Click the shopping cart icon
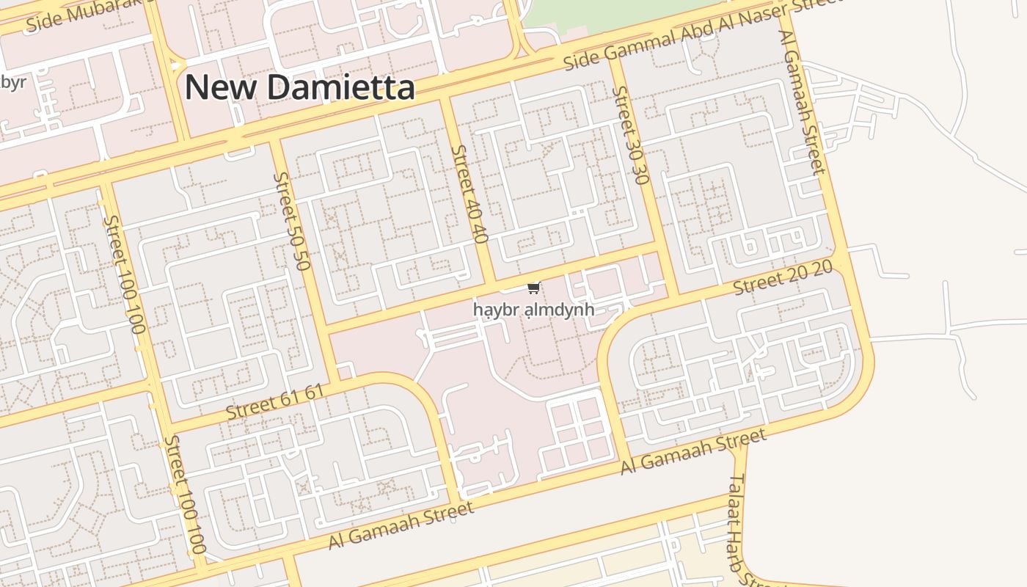point(534,288)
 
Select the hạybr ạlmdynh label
point(533,310)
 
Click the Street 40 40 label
point(469,194)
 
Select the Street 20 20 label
point(783,277)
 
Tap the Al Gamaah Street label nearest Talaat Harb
point(693,452)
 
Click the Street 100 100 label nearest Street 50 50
point(123,273)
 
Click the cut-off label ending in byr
point(12,81)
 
